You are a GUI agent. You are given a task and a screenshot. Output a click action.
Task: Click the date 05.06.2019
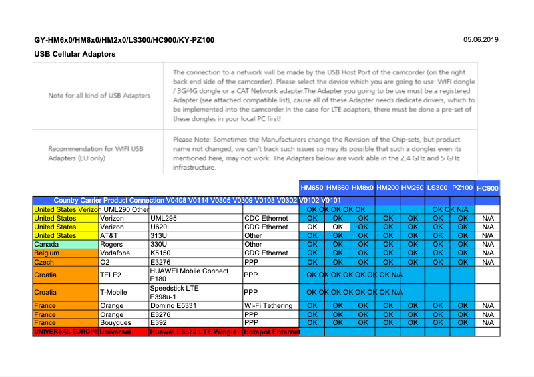click(480, 40)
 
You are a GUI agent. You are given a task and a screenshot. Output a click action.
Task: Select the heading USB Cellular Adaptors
click(75, 54)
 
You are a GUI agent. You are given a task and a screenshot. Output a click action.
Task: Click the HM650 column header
click(312, 188)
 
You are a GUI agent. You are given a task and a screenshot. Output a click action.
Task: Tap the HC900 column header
click(488, 189)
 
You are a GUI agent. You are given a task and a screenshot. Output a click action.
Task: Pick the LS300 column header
click(437, 188)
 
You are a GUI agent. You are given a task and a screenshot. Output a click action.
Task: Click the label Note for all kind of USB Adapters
click(99, 96)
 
